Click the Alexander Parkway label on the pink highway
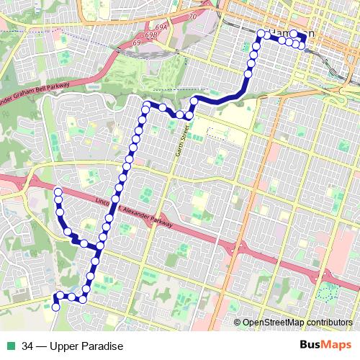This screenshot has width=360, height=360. point(148,217)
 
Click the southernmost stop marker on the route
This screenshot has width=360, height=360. point(55,307)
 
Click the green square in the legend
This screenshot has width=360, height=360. point(10,346)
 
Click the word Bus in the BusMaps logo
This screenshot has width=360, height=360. point(310,346)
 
